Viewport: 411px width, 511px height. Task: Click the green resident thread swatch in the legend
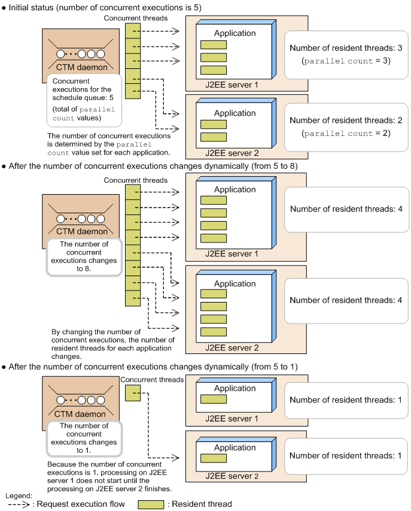151,504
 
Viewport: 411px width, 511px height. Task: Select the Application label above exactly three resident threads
235,33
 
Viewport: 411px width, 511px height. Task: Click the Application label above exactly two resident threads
235,113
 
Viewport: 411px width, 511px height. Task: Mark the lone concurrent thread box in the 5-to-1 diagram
132,392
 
